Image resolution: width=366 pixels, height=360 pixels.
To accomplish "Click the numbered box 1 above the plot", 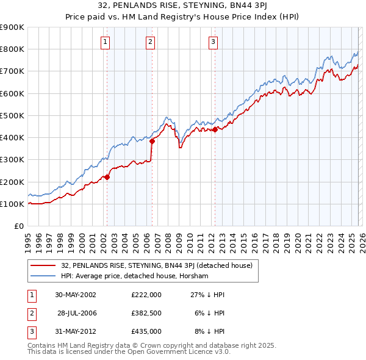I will pos(106,42).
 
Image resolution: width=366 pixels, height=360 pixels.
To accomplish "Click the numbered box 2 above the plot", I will pos(150,42).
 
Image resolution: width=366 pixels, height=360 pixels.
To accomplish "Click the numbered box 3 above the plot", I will pos(213,42).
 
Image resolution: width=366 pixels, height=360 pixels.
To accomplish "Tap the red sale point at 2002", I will pos(107,177).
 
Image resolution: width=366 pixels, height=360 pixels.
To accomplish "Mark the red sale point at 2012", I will pos(215,129).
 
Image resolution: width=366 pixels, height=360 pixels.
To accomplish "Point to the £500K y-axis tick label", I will pos(12,115).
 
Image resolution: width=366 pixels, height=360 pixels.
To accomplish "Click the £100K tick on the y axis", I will pos(12,204).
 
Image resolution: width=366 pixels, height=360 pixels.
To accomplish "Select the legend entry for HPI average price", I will pos(135,276).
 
